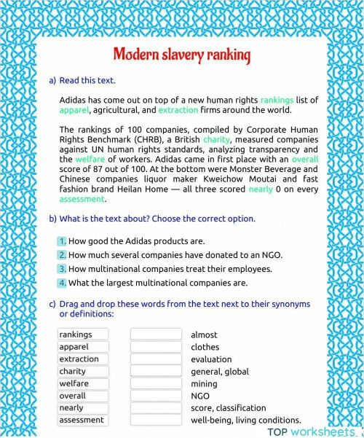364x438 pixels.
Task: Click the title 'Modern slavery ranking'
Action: click(x=181, y=55)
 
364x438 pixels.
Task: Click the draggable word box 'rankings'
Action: click(x=84, y=335)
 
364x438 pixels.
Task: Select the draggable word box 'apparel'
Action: click(x=84, y=347)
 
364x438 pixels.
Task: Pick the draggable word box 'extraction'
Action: click(x=84, y=359)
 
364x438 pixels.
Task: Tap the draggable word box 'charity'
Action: click(x=84, y=371)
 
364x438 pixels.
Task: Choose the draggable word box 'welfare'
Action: click(x=84, y=383)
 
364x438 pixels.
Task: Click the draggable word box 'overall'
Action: click(x=84, y=396)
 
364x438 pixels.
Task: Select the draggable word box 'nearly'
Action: click(x=84, y=407)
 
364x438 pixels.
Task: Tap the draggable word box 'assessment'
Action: click(x=84, y=420)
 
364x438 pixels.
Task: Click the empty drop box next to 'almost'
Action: click(x=156, y=335)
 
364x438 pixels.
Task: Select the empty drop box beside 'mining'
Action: click(x=156, y=383)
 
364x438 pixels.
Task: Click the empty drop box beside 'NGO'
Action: click(x=156, y=396)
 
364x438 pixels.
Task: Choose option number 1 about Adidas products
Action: click(x=63, y=241)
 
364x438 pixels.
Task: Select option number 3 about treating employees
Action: click(x=63, y=269)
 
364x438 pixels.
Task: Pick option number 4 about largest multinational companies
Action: click(x=63, y=283)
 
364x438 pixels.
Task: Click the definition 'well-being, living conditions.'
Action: click(x=245, y=420)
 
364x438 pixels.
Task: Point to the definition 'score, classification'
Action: click(x=228, y=408)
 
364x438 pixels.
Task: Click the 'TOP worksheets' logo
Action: click(x=312, y=431)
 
